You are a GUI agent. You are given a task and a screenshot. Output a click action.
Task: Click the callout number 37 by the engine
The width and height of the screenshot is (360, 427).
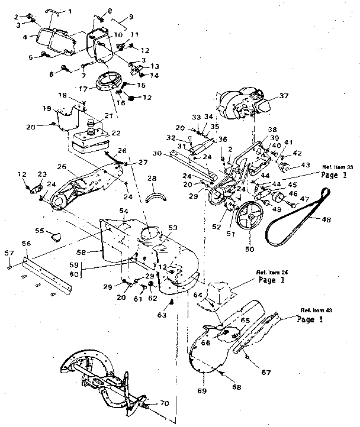point(284,96)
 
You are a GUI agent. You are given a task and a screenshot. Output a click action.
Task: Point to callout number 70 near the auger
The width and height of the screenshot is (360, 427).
point(164,403)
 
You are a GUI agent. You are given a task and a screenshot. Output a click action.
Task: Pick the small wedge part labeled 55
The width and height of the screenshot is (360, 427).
point(56,236)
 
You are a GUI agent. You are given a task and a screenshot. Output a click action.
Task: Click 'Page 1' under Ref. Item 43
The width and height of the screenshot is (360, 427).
point(313,319)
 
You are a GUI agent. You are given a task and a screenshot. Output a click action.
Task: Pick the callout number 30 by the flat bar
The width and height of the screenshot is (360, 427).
point(156,153)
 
